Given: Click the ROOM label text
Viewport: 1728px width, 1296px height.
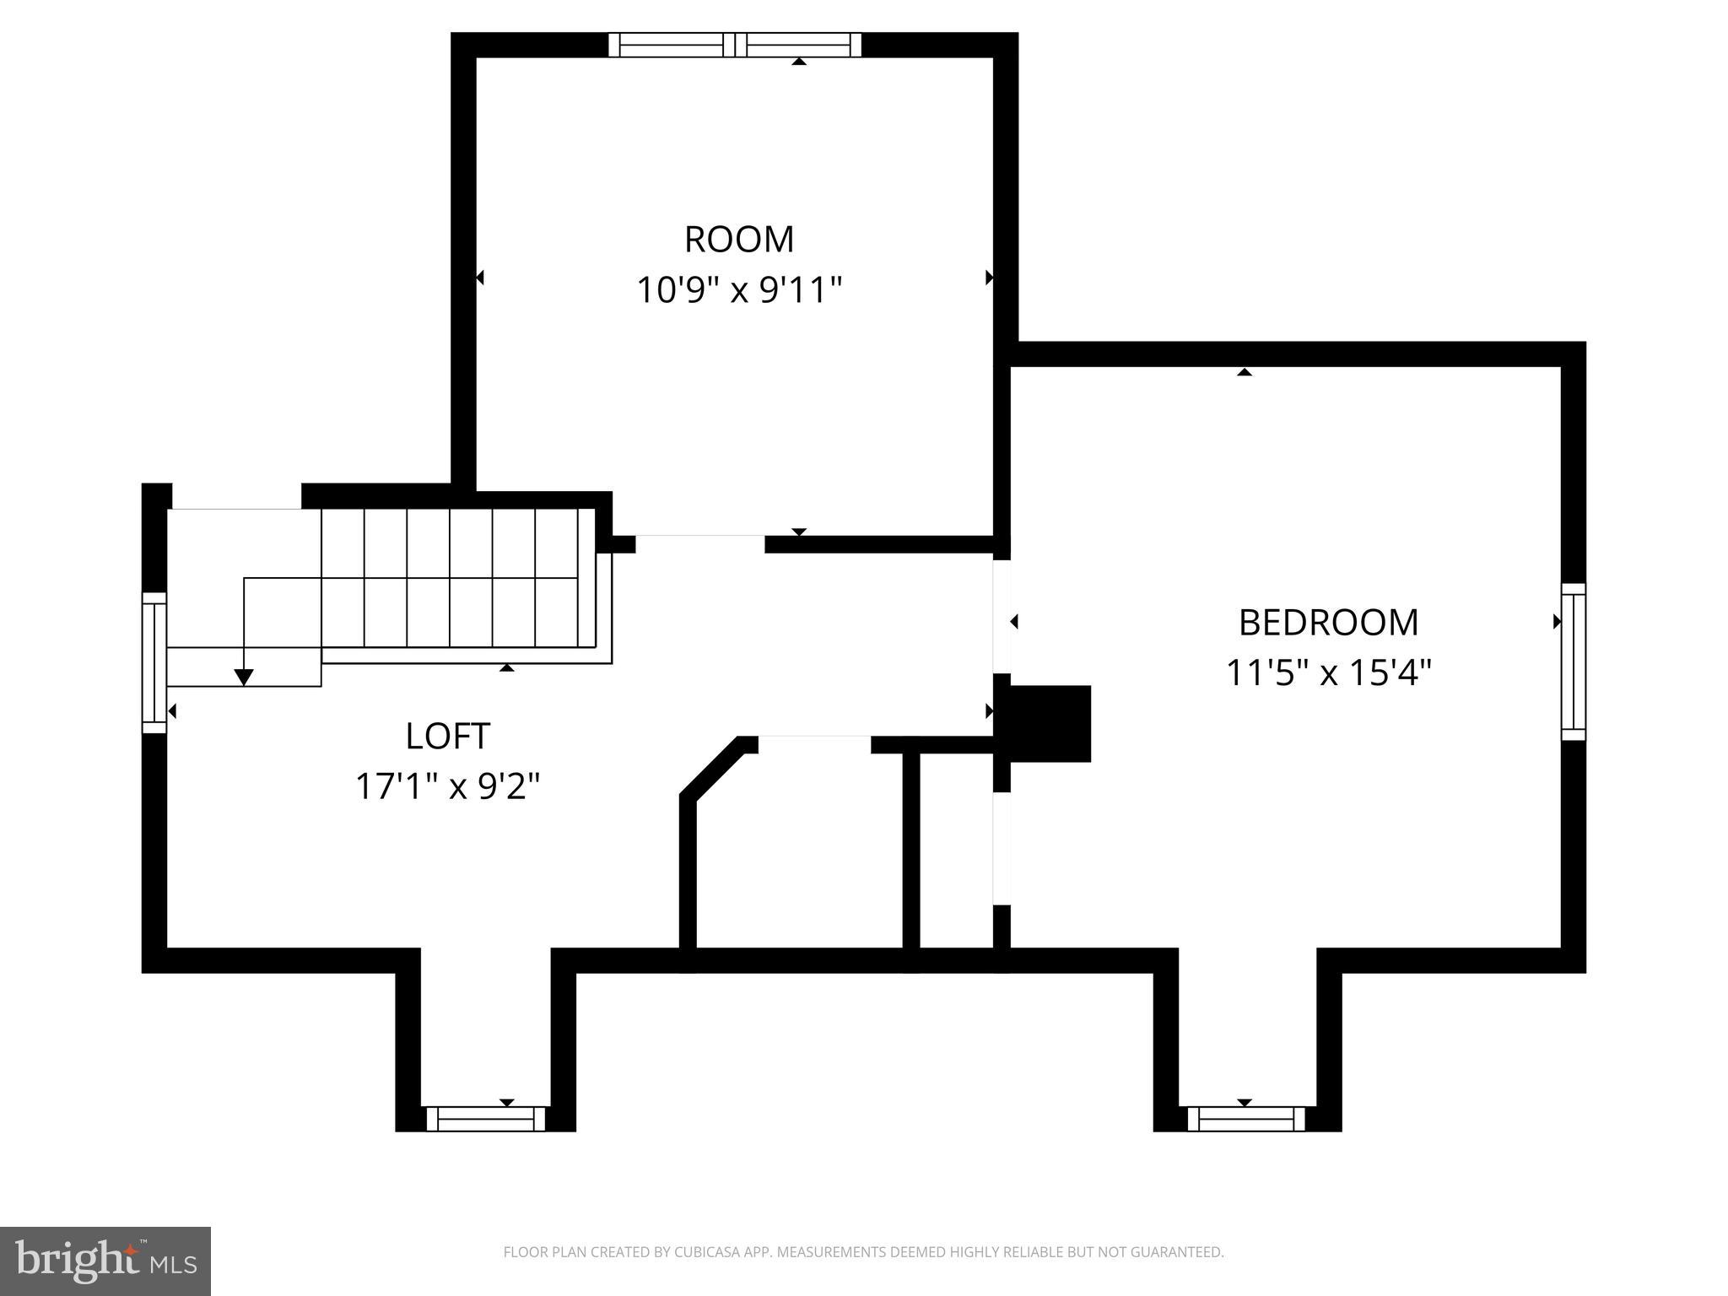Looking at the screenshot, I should [739, 240].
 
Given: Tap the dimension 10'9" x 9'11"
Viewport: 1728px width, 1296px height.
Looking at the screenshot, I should [739, 290].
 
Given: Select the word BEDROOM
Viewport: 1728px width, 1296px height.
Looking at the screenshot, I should [1328, 623].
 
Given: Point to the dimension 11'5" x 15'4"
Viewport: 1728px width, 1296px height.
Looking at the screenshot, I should [1328, 673].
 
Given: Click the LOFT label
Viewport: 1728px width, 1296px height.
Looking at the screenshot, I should [447, 736].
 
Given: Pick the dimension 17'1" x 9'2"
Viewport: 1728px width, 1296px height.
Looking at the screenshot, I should [447, 786].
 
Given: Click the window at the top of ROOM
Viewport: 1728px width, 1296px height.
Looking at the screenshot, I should [735, 45].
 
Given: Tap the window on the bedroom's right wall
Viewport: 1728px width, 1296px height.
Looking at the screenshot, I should [1573, 662].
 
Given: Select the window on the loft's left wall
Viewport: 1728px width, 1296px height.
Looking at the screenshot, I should [154, 662].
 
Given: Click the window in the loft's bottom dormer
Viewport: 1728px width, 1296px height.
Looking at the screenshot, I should [486, 1119].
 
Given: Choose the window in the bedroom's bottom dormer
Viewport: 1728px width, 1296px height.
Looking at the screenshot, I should [1246, 1119].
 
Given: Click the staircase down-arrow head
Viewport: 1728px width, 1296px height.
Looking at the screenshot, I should [244, 677].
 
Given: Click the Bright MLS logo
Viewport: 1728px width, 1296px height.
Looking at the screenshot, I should [105, 1261].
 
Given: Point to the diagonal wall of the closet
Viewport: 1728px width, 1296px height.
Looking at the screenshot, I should [710, 767].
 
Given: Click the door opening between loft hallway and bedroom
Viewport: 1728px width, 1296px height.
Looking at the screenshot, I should [1002, 617].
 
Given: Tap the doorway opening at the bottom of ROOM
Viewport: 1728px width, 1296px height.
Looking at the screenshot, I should [699, 543].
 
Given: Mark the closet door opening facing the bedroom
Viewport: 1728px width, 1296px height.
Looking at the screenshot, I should [1002, 849].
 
